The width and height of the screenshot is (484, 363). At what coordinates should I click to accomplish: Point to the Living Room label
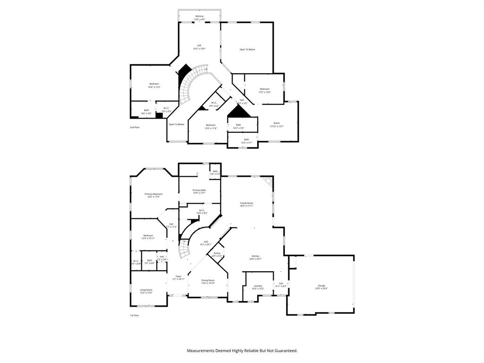(146, 291)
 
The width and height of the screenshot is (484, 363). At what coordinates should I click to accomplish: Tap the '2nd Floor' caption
(135, 127)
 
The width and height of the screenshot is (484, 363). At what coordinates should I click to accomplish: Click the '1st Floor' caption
(135, 315)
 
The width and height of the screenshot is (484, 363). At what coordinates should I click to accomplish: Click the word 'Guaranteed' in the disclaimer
(284, 351)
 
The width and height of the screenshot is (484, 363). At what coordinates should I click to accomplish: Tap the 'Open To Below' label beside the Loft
(247, 49)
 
